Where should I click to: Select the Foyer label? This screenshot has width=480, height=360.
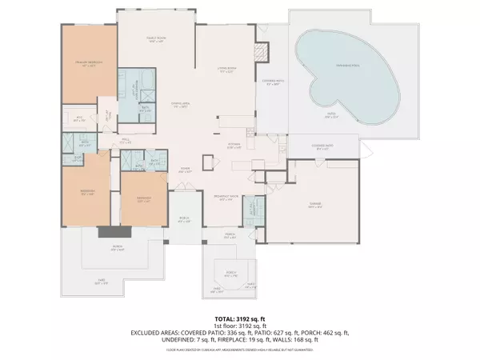coord(184,169)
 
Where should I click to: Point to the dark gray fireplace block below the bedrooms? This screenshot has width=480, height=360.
coord(107,233)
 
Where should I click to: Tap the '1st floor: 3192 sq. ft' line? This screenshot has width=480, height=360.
coord(239,326)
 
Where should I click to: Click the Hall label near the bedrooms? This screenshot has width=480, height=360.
coord(126,137)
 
